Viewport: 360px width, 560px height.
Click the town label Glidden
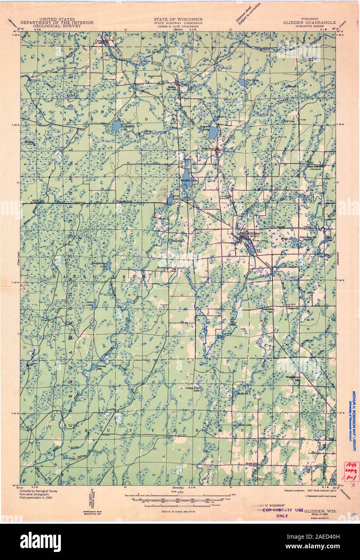(x=254, y=233)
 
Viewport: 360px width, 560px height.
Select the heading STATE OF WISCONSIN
(x=178, y=19)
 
